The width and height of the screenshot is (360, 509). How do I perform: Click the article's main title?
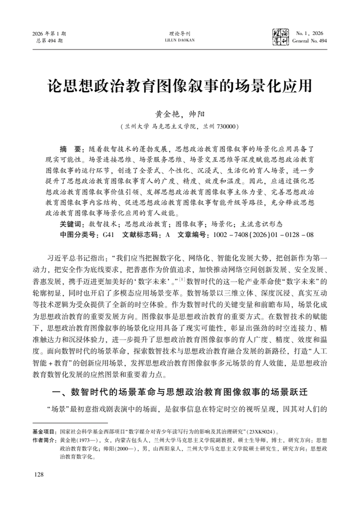[x=179, y=85]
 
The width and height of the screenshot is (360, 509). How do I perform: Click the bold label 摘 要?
[x=71, y=149]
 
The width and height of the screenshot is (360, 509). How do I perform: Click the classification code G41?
[x=109, y=234]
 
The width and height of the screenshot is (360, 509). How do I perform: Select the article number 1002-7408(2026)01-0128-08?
[x=263, y=234]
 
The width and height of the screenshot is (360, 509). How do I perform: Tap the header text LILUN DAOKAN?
[x=179, y=40]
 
